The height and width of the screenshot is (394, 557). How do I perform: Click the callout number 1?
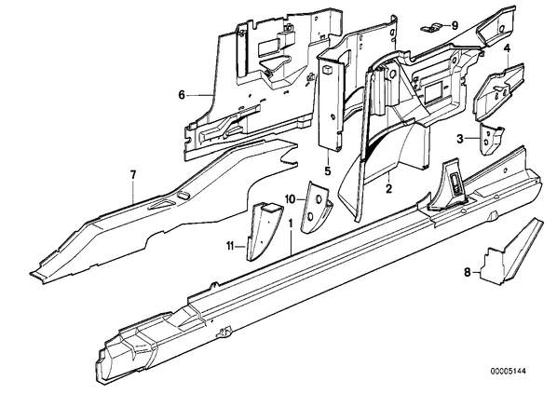pos(291,224)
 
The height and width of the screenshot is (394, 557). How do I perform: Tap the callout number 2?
pos(389,188)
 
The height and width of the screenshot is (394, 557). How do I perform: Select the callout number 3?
pos(460,139)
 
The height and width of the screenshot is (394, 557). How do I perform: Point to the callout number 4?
pos(507,48)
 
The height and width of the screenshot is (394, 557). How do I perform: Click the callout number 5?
pos(327,170)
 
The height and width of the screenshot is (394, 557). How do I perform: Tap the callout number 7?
pos(133,175)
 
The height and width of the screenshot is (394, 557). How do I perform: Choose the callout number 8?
pos(468,273)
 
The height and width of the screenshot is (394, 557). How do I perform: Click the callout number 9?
pos(455,25)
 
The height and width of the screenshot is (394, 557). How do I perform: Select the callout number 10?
pos(290,199)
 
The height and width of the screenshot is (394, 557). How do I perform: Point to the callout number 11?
pos(230,245)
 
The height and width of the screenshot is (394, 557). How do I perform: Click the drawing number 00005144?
pos(508,372)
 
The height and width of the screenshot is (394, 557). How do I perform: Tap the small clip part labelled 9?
pos(431,29)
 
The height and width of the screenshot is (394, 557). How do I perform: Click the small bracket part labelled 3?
pos(491,139)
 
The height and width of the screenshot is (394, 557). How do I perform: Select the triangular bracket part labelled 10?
pos(317,207)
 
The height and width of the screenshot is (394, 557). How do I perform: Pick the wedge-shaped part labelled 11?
pos(264,231)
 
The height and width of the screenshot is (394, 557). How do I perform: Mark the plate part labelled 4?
pos(498,90)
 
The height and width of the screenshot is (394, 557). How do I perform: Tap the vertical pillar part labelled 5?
pos(331,102)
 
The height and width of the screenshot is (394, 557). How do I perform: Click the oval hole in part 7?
pos(183,194)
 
